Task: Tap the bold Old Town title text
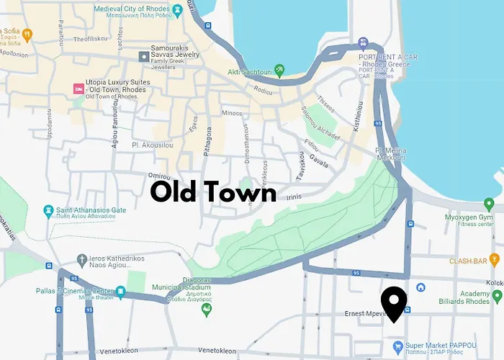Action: tap(213, 192)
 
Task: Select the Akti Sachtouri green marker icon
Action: tap(279, 70)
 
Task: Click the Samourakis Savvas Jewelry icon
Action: tap(144, 55)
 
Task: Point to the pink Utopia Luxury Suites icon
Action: tap(78, 88)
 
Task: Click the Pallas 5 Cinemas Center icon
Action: tap(121, 292)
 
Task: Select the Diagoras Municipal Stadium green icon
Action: tap(207, 310)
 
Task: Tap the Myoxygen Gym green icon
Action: tap(489, 204)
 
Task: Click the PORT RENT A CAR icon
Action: tap(364, 43)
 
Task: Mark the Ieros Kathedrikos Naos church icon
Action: tap(82, 258)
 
